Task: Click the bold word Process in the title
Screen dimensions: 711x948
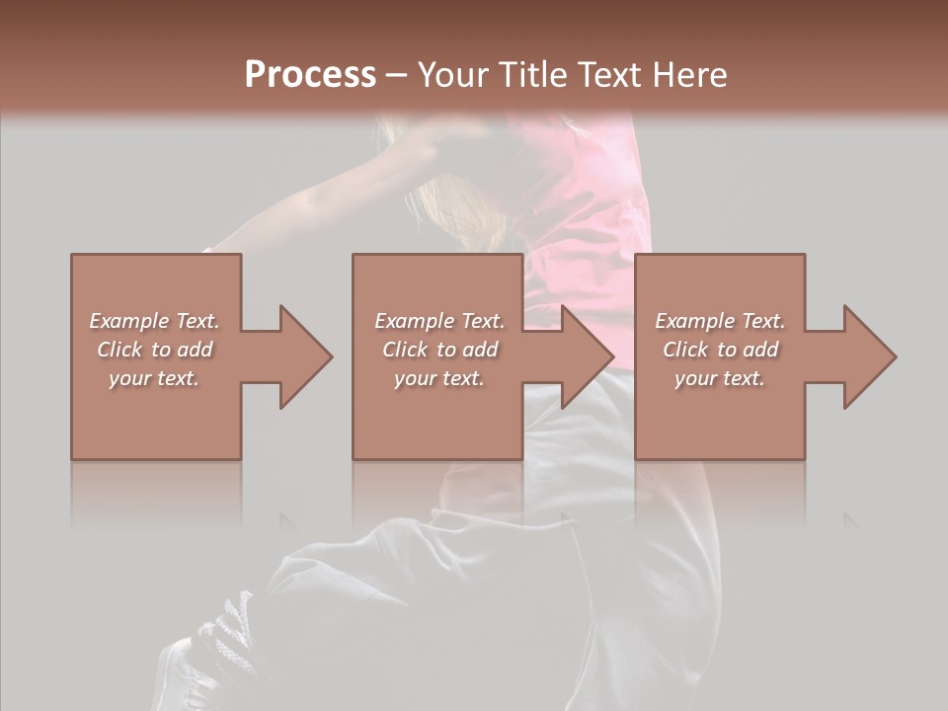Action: pyautogui.click(x=310, y=75)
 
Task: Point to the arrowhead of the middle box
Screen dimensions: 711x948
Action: pyautogui.click(x=587, y=356)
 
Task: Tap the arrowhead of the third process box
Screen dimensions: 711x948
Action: pyautogui.click(x=868, y=356)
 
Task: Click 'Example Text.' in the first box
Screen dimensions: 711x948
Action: pyautogui.click(x=154, y=321)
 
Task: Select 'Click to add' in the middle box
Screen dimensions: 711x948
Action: pyautogui.click(x=439, y=350)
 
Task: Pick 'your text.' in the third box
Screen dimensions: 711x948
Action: pyautogui.click(x=720, y=378)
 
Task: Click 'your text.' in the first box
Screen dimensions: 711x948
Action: pyautogui.click(x=154, y=378)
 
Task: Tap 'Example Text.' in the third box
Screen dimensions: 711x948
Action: pyautogui.click(x=720, y=321)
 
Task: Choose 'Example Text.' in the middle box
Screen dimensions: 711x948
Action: pyautogui.click(x=439, y=321)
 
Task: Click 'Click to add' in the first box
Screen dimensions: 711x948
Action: pyautogui.click(x=154, y=350)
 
